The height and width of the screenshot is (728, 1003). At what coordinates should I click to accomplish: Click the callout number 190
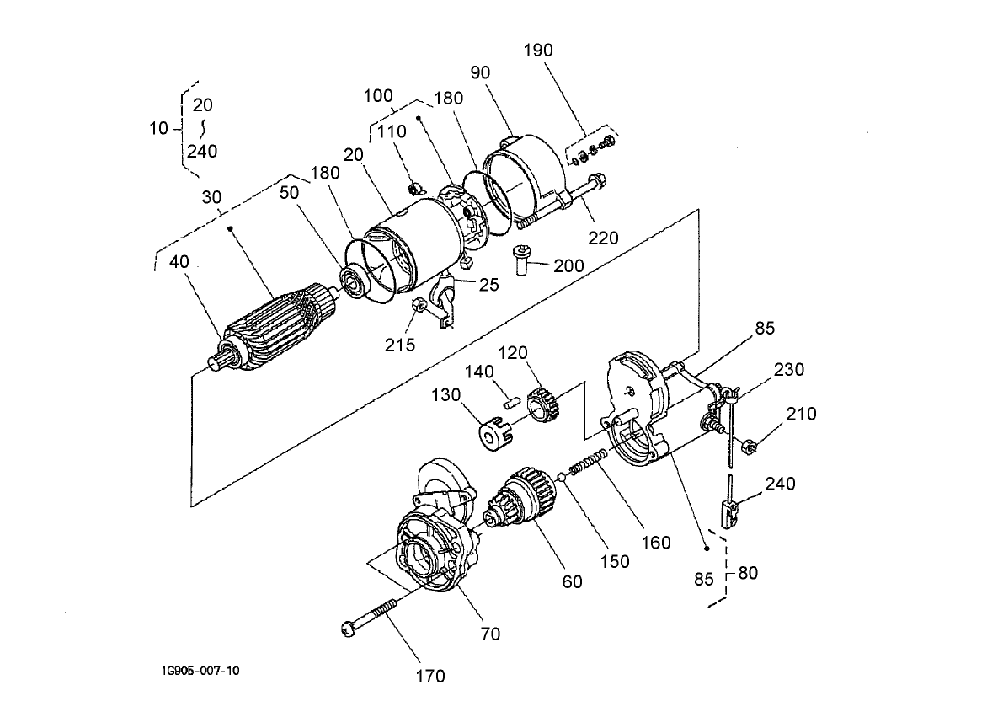(538, 51)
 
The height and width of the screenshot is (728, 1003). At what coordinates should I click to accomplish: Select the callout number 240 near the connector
(779, 484)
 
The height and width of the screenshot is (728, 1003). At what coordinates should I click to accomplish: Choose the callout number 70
(490, 634)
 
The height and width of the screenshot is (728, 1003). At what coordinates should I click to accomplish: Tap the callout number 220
(603, 238)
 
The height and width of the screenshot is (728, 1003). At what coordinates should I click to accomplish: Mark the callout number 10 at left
(158, 128)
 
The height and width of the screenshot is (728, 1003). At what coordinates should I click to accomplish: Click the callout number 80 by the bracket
(747, 573)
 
